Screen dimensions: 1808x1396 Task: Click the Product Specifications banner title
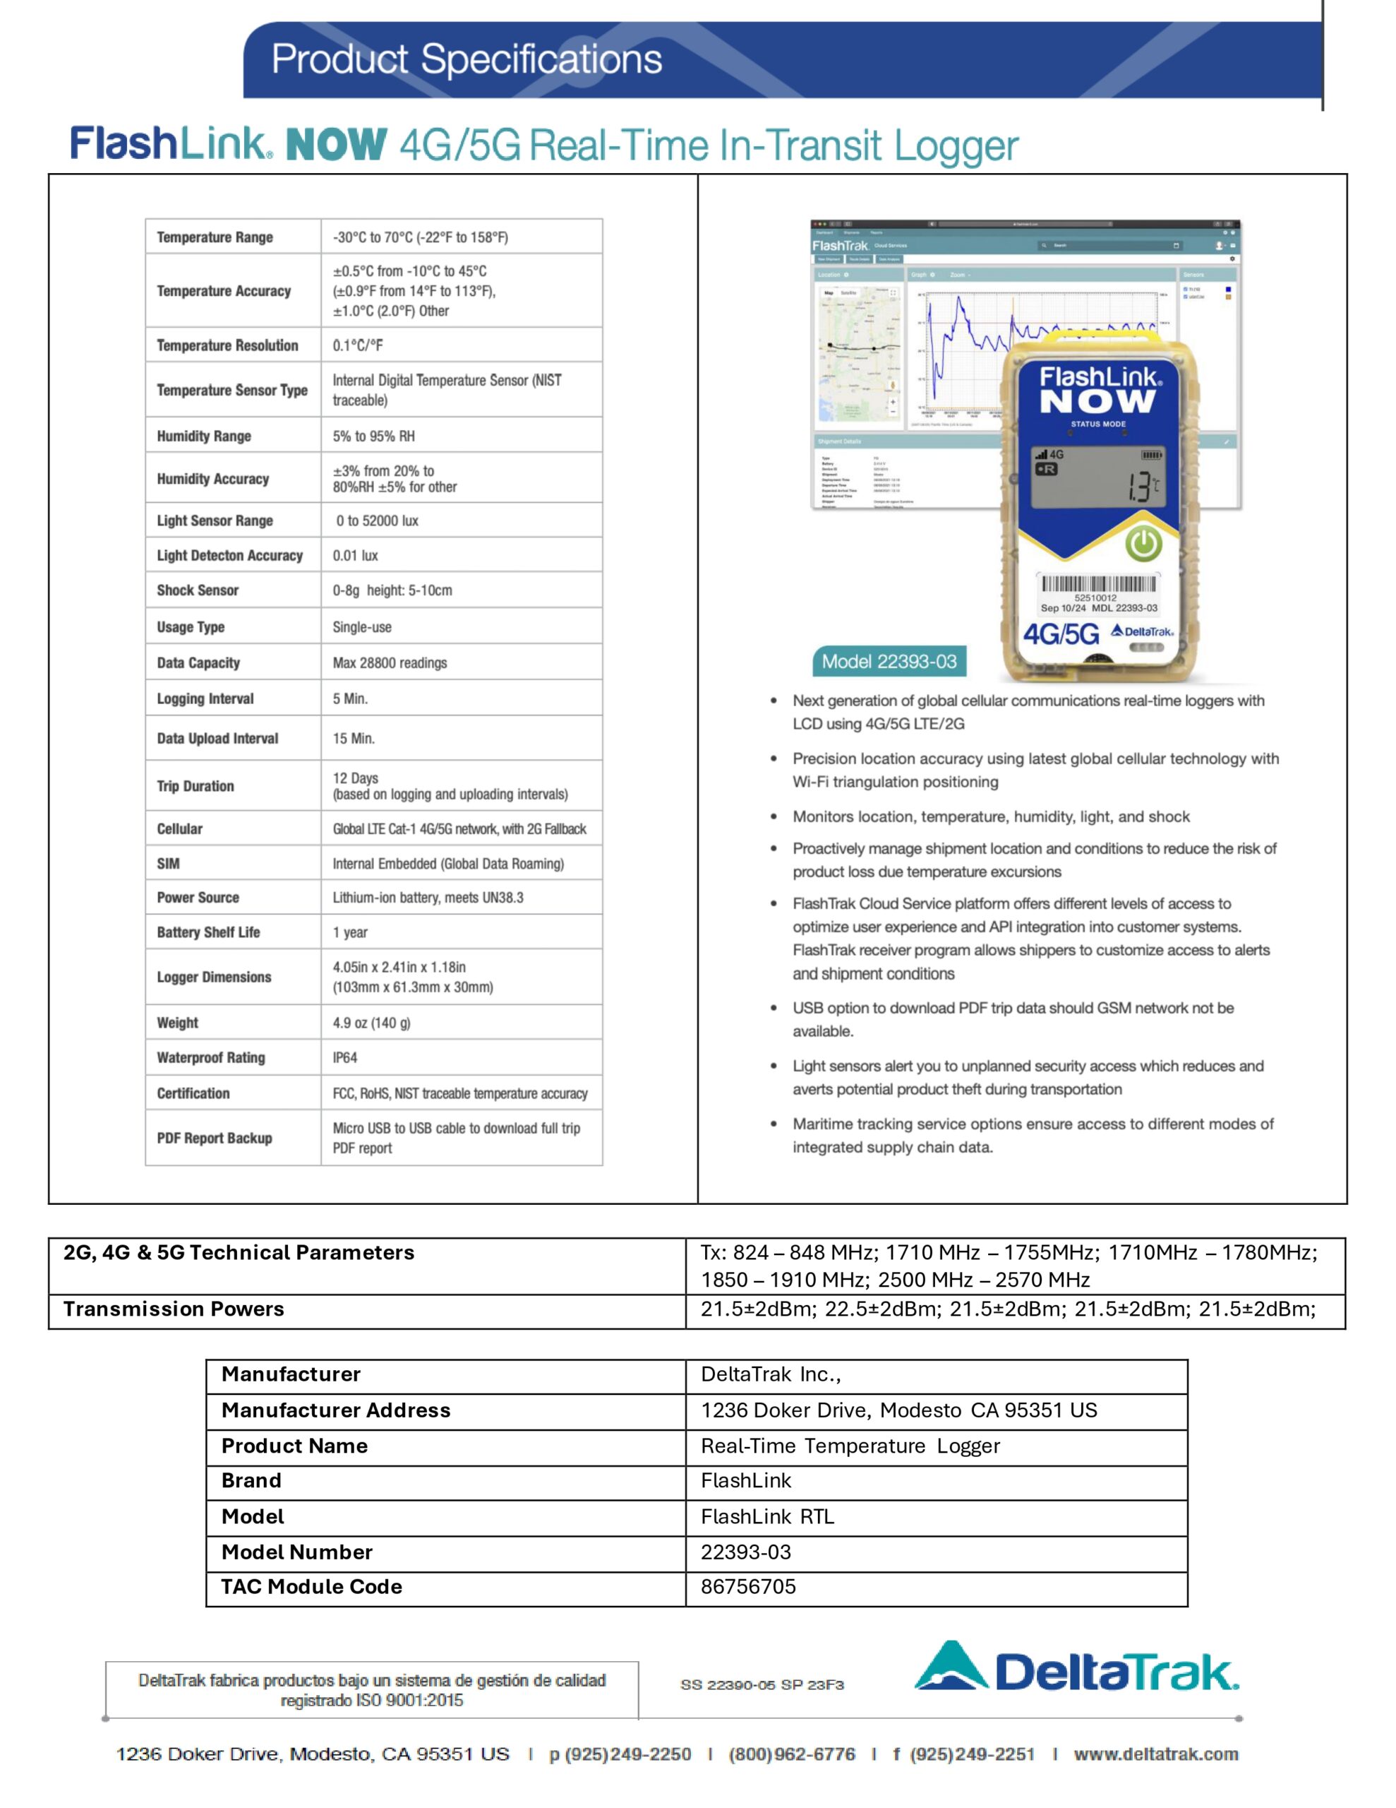467,59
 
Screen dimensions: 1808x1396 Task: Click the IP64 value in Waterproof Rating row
345,1057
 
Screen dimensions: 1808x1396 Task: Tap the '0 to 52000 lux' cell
376,521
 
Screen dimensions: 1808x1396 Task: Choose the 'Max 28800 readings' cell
390,663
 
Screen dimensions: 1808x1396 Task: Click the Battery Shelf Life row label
208,932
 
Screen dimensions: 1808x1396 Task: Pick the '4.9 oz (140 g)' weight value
371,1023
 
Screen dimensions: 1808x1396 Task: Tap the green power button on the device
1143,543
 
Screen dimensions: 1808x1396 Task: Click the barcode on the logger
1098,585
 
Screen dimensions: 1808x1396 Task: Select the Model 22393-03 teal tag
889,662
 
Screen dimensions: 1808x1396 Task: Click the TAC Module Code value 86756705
748,1587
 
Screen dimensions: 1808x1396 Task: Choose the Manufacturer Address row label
336,1410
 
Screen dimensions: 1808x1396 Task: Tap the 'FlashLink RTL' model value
767,1516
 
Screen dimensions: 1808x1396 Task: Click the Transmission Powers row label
174,1309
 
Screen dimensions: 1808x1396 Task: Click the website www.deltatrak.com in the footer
1155,1754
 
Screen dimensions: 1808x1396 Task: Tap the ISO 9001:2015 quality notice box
371,1689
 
